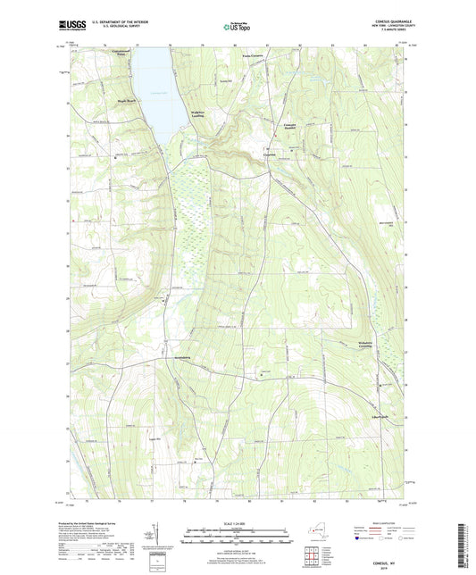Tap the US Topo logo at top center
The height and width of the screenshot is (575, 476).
[x=236, y=28]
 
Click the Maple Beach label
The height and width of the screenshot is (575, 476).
[x=121, y=101]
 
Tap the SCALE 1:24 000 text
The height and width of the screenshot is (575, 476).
[x=238, y=523]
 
